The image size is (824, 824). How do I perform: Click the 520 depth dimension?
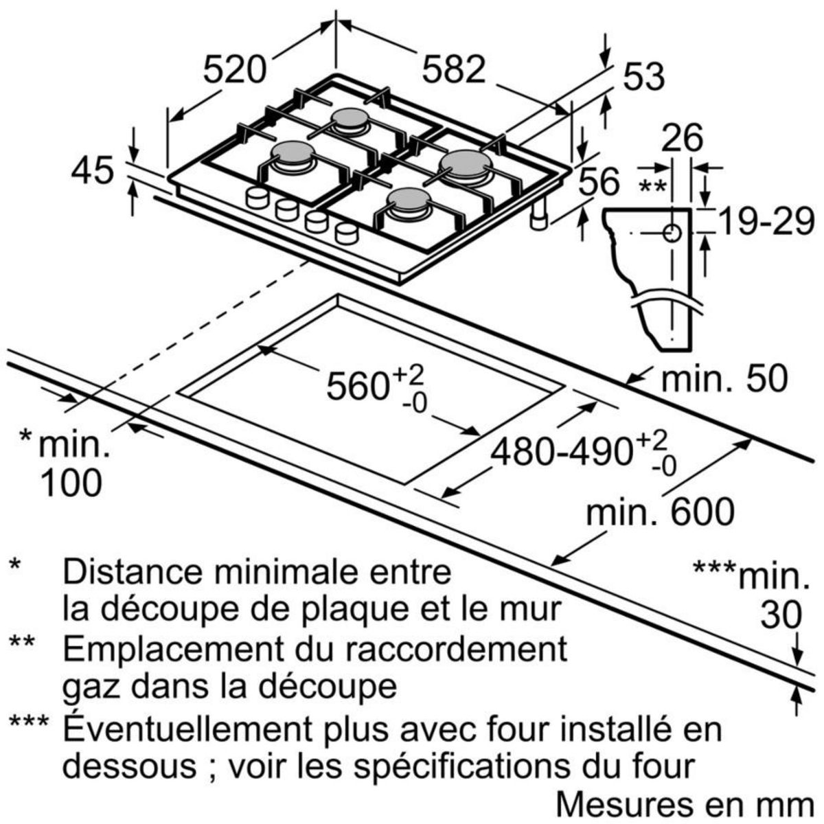(234, 69)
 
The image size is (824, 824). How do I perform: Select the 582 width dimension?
(453, 69)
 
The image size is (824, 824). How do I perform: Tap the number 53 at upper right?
(644, 77)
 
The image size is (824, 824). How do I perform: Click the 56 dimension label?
(599, 183)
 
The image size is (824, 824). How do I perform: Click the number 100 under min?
(71, 483)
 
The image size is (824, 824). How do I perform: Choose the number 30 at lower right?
(781, 615)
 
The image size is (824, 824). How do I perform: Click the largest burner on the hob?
(466, 165)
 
